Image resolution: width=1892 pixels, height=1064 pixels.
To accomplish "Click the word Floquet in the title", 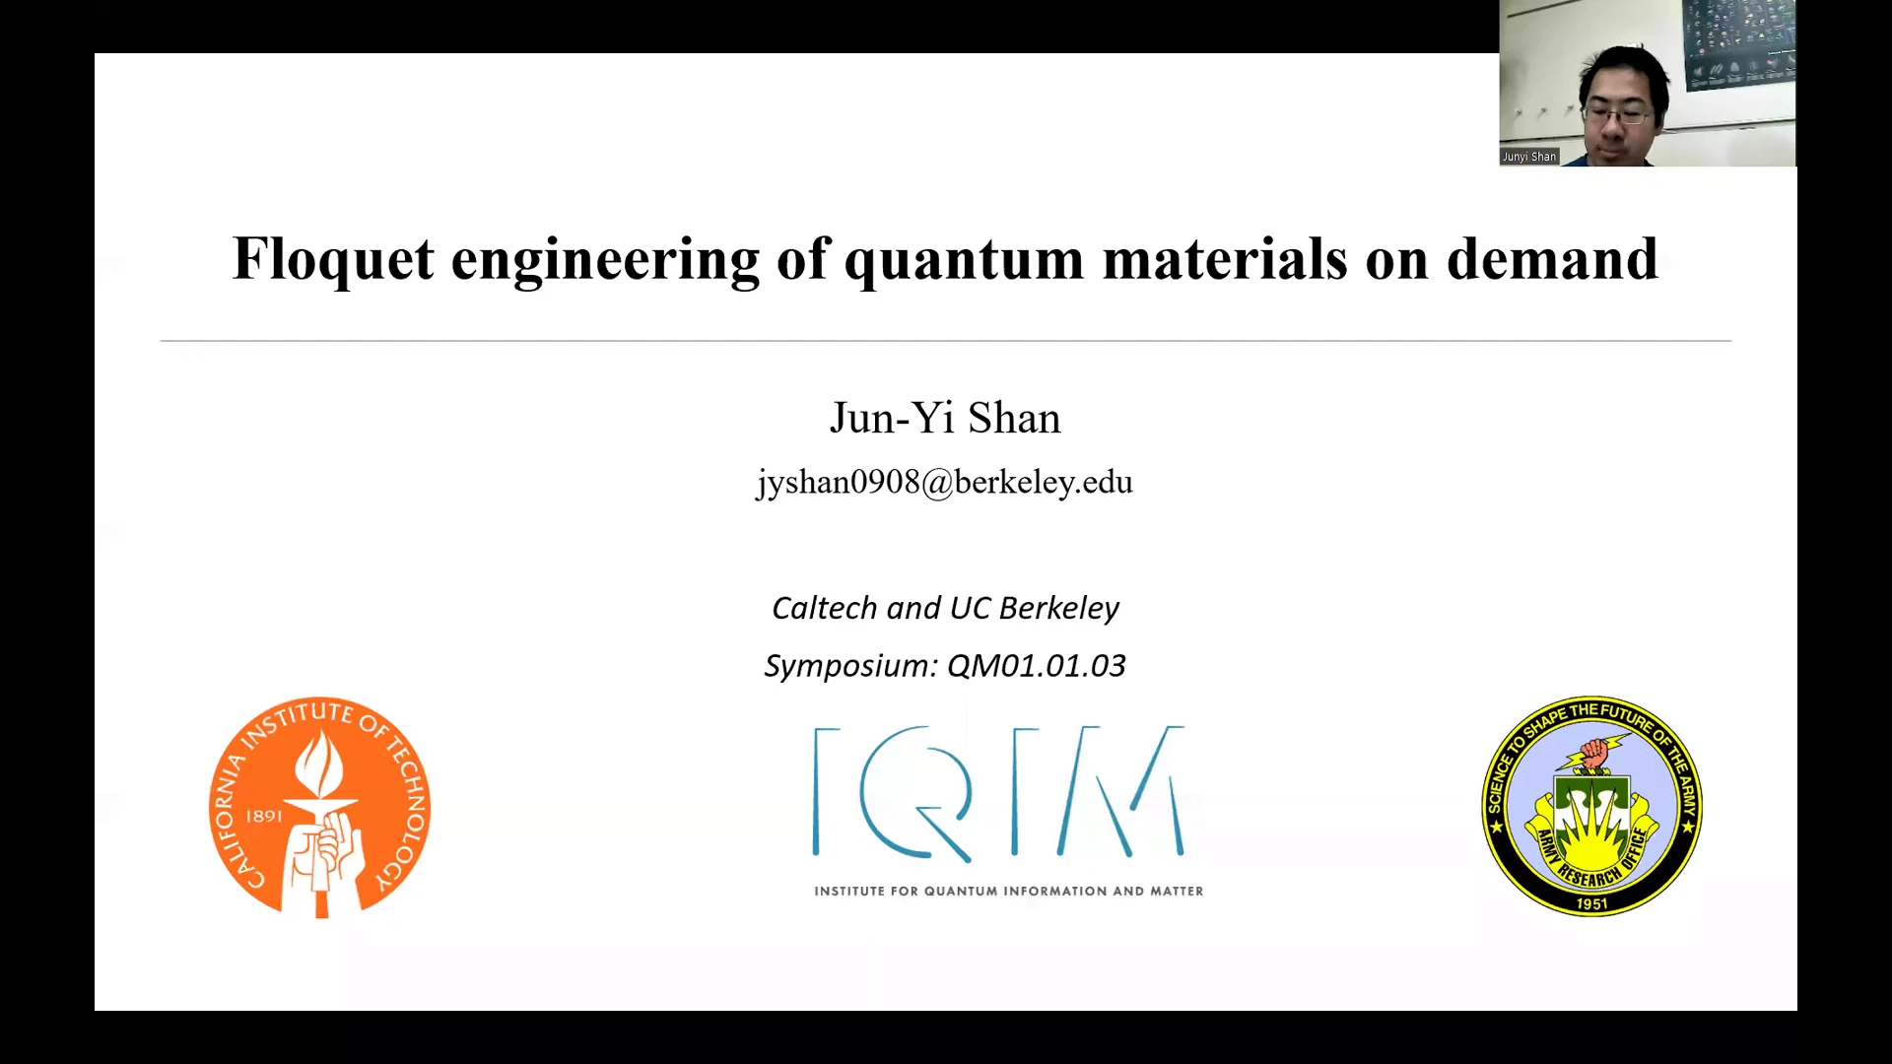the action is [x=333, y=259].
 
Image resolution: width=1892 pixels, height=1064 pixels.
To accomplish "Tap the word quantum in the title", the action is [x=964, y=261].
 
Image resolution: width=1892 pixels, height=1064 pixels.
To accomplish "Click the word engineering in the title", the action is [x=605, y=261].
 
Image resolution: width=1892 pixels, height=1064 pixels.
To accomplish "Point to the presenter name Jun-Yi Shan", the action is [x=945, y=418].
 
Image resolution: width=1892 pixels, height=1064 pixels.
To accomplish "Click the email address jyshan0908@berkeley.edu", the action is [x=945, y=483].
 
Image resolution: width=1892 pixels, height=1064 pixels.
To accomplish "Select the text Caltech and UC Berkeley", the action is [x=945, y=608].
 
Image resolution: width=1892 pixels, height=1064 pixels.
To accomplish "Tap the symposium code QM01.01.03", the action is [x=1036, y=666].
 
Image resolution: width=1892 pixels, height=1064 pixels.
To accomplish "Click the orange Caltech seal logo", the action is [x=320, y=808].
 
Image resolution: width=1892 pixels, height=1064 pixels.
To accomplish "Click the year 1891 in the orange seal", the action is [x=264, y=816].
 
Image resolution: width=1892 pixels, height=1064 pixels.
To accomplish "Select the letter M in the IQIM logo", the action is [x=1120, y=790].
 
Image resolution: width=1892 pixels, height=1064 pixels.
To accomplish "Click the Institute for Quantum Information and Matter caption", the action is [x=1008, y=892].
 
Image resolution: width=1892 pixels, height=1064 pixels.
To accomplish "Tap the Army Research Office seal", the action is [x=1592, y=807].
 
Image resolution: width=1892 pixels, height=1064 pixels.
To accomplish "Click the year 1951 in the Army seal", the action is [x=1592, y=903].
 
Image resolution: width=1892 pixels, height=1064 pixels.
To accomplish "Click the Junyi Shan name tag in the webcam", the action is [x=1529, y=157].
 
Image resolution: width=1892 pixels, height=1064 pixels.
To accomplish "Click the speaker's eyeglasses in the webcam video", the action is [x=1620, y=116].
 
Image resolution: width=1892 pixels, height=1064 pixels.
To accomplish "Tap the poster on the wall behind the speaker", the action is [x=1738, y=43].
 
